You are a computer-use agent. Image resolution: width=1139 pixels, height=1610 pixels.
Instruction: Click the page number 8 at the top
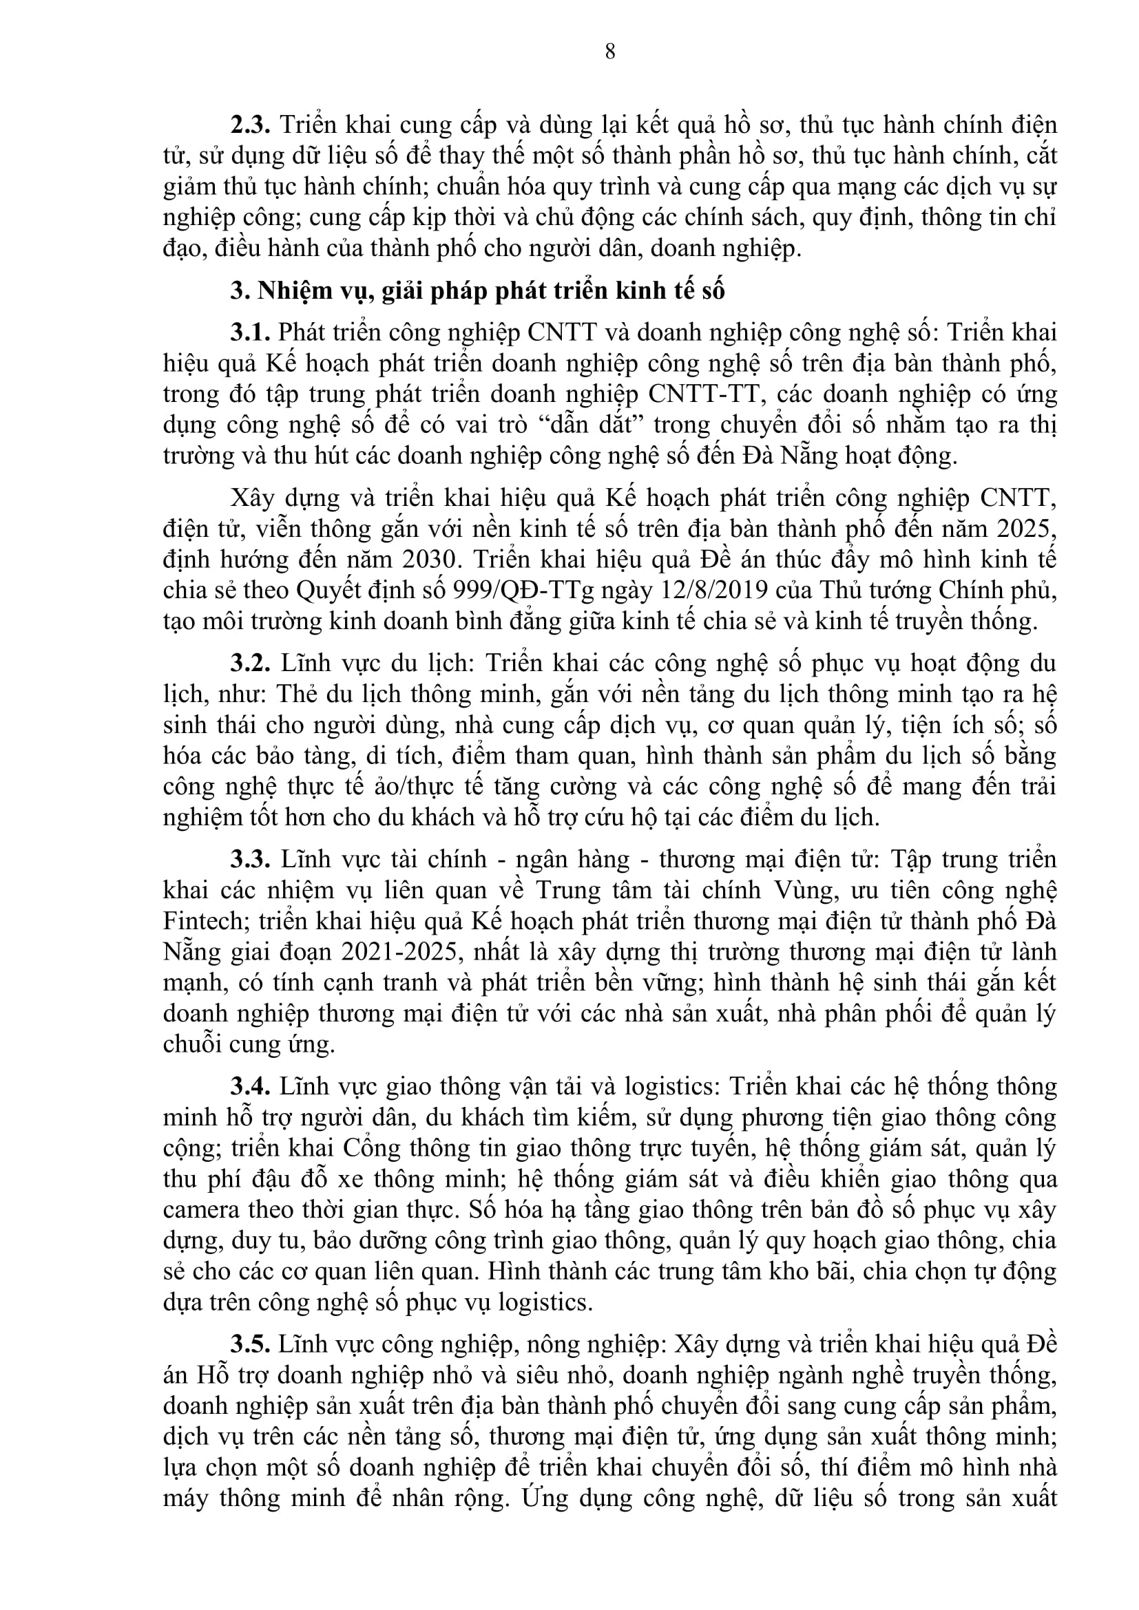[x=609, y=51]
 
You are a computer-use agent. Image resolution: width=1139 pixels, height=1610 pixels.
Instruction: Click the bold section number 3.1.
[x=251, y=332]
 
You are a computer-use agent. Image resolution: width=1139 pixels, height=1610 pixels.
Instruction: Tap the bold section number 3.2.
[x=251, y=664]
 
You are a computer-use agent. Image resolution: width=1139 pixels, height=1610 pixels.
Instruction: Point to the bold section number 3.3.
[x=251, y=860]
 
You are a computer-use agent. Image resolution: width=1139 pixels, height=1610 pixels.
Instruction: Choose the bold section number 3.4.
[x=251, y=1087]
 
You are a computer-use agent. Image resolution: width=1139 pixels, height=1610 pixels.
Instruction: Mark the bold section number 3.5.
[x=251, y=1345]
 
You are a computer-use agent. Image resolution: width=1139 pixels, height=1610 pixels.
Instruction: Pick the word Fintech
[x=203, y=922]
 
